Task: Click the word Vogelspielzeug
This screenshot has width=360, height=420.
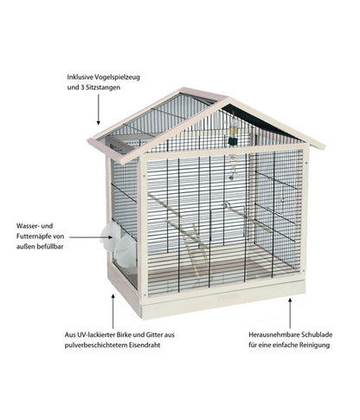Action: (119, 78)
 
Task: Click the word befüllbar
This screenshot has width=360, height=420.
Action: (51, 247)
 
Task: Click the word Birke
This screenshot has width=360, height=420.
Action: (125, 335)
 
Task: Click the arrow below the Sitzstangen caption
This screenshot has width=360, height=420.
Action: (99, 109)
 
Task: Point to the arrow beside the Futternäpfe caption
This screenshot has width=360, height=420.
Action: (91, 237)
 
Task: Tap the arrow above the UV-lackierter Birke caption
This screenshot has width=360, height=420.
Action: (112, 311)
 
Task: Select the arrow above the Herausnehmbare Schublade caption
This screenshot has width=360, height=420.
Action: (290, 313)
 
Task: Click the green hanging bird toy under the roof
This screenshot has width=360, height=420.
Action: (233, 135)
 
